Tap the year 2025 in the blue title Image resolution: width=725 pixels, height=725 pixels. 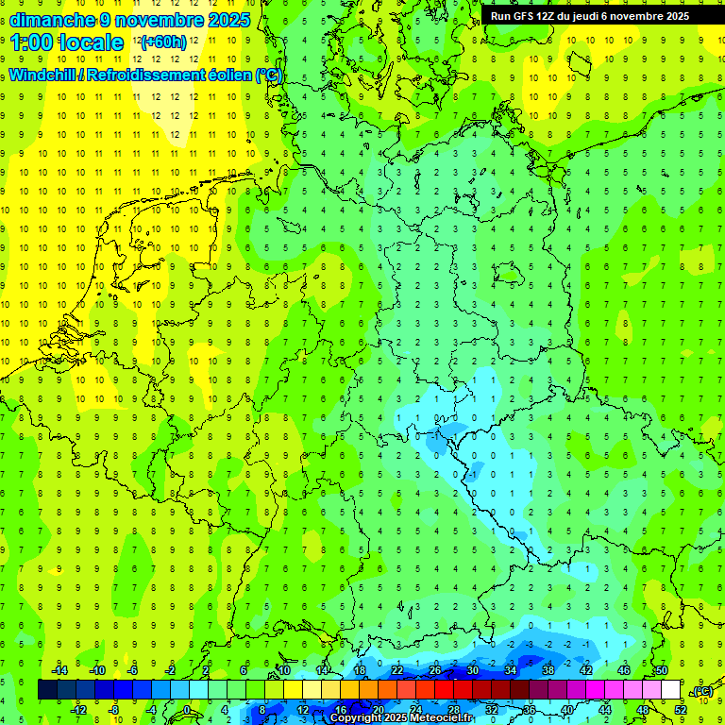coord(227,20)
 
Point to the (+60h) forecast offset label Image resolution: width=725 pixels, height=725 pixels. coord(163,42)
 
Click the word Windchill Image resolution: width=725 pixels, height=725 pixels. coord(45,75)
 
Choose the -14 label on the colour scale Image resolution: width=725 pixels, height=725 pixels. coord(59,669)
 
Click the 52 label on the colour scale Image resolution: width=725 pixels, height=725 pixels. coord(681,709)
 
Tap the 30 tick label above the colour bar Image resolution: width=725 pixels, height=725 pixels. coord(472,669)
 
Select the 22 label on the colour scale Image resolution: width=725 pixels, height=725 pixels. coord(397,669)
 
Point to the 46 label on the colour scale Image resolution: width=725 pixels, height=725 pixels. coord(624,669)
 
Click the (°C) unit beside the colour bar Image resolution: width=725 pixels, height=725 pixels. coord(703,691)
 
